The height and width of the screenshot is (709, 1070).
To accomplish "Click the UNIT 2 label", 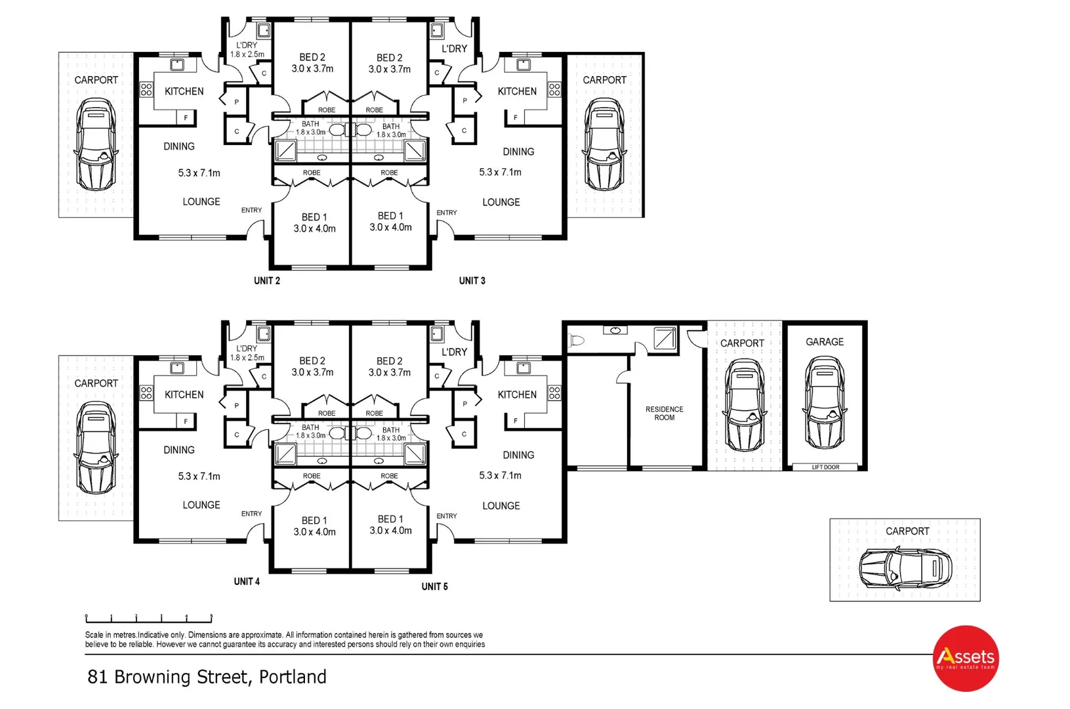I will pos(267,281).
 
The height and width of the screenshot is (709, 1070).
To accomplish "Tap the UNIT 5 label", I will pos(434,587).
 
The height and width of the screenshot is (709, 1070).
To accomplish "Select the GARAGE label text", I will pos(825,342).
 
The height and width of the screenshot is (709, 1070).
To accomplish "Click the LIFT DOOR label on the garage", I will pos(825,467).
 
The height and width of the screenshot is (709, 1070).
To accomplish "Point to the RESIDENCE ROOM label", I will pos(664,414).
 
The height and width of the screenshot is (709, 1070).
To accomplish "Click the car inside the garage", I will pos(825,403).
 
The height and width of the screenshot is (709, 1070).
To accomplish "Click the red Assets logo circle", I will pos(965,658).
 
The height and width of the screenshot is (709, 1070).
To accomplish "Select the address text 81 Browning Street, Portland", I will pos(207,677).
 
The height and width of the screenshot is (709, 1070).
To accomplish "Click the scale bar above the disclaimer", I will pos(148,618).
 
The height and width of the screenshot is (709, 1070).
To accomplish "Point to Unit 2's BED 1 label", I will pos(314,223).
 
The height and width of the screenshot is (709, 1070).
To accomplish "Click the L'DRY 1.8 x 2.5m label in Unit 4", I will pos(247,353).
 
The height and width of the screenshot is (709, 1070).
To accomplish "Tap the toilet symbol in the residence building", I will pos(577,340).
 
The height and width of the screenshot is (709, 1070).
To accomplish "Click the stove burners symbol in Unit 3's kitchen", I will pos(554,89).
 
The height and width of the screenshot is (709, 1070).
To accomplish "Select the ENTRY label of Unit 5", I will pos(447,516).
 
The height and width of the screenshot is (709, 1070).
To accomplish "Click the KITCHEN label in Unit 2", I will pos(184,91).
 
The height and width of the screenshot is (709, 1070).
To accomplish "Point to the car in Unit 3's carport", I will pos(604,144).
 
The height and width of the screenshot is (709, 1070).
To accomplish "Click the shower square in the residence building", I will pos(665,338).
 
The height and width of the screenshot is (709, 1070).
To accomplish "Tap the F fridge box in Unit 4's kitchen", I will pos(186,421).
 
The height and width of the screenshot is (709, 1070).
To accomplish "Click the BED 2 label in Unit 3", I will pos(390,63).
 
